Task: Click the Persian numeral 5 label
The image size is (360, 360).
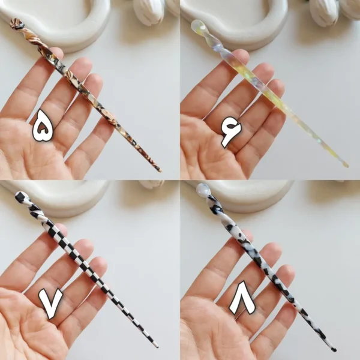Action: (43, 125)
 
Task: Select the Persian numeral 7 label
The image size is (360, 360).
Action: (50, 303)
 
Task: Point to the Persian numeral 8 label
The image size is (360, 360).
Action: (242, 298)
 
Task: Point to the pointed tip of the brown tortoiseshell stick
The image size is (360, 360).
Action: (160, 170)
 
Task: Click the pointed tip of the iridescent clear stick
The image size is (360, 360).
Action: (347, 166)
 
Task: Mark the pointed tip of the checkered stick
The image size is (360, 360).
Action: (157, 346)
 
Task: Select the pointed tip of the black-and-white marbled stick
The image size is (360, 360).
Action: (335, 350)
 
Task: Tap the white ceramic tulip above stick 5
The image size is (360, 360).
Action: (149, 12)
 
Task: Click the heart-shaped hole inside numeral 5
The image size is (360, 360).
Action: (42, 130)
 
